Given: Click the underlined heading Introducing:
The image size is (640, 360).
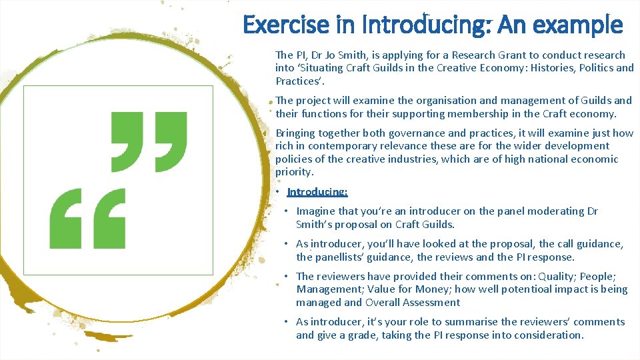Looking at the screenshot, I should [317, 192].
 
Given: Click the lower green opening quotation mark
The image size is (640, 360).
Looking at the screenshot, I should [87, 218].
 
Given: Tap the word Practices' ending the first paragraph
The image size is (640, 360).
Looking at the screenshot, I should [297, 81].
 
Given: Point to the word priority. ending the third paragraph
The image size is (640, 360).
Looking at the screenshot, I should [294, 172].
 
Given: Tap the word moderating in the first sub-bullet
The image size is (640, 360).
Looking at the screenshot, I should [557, 211].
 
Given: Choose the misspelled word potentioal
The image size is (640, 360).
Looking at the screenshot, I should [508, 289].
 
